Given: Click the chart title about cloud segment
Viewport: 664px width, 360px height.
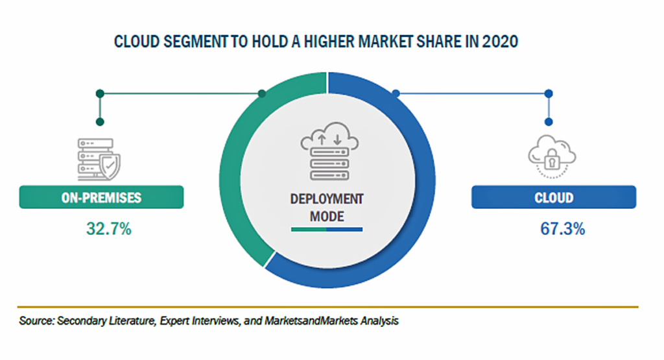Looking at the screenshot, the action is pos(316,42).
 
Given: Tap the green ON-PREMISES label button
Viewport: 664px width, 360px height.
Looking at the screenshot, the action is pos(101,197).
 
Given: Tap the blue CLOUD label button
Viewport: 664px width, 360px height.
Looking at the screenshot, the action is pos(554,197).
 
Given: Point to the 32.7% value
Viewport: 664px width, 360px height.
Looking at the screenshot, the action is pos(109,229).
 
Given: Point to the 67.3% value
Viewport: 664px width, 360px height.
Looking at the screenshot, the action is pos(562,229).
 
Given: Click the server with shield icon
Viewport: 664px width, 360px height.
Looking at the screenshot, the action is pos(99,160).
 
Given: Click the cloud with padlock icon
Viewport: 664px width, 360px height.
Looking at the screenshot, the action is pos(552,156).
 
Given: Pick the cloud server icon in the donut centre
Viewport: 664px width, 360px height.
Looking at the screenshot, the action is pos(329,151).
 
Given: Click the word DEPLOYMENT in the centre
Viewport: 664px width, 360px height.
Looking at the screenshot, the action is pos(327,199).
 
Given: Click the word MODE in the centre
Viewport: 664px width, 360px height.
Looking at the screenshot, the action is pos(327,217).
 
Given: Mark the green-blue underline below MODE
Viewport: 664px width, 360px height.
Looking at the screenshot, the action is pos(327,230).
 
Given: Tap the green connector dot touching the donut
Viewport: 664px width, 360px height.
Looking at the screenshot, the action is pos(262,93).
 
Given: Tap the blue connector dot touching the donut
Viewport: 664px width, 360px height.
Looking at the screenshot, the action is pos(396,93).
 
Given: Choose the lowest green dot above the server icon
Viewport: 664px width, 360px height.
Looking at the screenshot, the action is pos(100,122).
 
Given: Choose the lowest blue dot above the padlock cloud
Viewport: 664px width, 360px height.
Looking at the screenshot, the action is pos(549,122).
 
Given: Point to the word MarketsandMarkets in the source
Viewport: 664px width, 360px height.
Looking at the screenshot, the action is pos(311,320).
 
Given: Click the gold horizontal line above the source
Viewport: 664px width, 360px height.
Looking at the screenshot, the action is pos(327,307).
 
